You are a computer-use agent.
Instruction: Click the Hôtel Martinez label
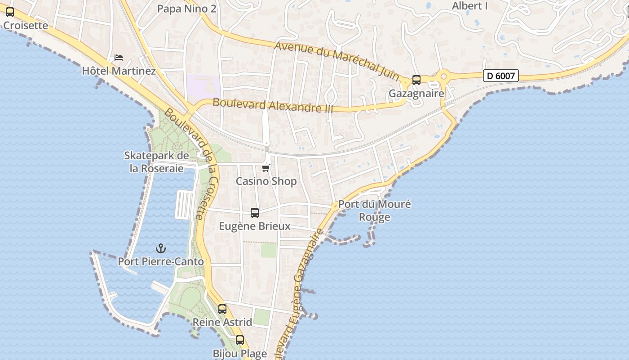119,71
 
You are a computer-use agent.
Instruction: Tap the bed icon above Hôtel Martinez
119,58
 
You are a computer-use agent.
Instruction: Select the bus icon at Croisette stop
10,13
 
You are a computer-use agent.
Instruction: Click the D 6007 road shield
501,76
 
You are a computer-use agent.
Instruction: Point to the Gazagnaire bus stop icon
416,80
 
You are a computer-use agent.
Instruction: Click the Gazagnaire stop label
416,94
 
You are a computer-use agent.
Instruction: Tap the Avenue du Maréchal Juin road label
337,61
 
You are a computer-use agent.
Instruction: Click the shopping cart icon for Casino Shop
266,168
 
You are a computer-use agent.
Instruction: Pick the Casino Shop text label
266,181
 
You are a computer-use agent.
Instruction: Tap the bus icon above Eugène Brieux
255,213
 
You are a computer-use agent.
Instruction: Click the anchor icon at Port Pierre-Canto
160,248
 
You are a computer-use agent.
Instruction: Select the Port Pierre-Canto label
160,261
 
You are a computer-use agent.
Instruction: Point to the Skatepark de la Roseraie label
156,162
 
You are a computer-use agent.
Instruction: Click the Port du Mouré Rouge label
374,211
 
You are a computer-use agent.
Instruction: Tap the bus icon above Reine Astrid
222,309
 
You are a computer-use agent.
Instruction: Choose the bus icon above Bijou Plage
240,340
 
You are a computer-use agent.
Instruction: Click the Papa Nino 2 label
186,9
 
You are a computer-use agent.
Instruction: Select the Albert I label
470,6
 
